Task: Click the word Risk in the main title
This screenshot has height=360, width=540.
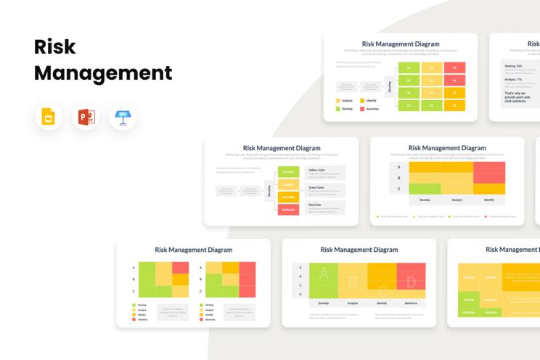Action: pyautogui.click(x=55, y=46)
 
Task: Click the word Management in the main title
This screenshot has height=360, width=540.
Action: pyautogui.click(x=103, y=73)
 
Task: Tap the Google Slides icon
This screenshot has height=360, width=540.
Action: pyautogui.click(x=49, y=117)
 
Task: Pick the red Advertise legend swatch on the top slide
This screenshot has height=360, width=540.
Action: pyautogui.click(x=362, y=109)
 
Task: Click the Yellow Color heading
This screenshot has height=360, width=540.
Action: pyautogui.click(x=317, y=170)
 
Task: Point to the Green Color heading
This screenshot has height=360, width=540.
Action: pyautogui.click(x=316, y=187)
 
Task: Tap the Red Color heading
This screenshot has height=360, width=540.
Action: pyautogui.click(x=315, y=205)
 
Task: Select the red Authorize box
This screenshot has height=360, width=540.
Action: pyautogui.click(x=288, y=209)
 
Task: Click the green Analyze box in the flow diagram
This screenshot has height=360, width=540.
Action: pyautogui.click(x=288, y=172)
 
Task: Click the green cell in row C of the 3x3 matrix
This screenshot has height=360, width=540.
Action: pyautogui.click(x=425, y=189)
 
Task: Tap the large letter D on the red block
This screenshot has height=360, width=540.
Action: pyautogui.click(x=411, y=282)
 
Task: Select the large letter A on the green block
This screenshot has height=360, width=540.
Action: pyautogui.click(x=324, y=274)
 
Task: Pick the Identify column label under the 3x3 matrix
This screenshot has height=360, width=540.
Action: pyautogui.click(x=489, y=200)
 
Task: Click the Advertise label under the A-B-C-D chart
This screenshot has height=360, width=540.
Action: pyautogui.click(x=411, y=303)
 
